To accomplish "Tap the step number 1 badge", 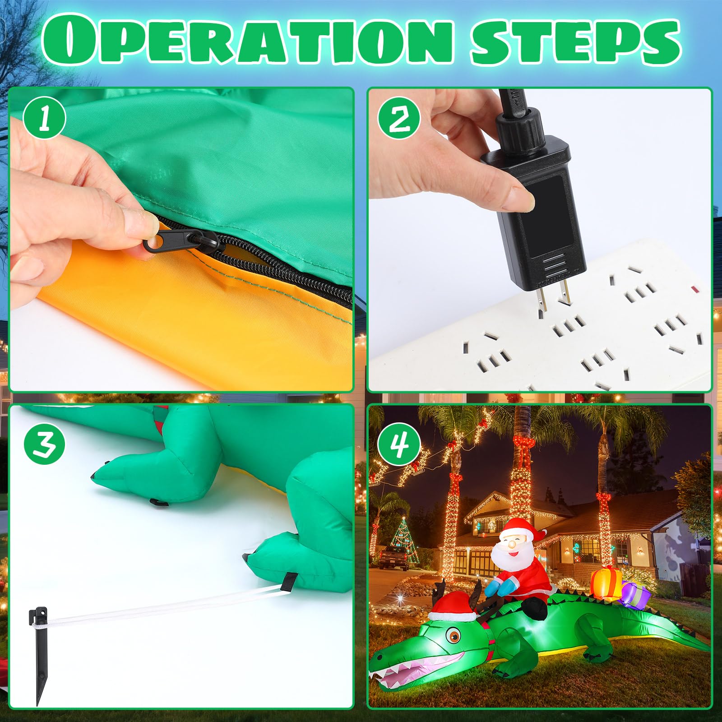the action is tap(45, 118).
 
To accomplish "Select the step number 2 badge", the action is tap(399, 118).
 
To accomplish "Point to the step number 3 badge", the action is tap(45, 444).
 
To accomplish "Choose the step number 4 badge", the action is tap(399, 444).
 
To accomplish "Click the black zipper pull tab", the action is tap(162, 242).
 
